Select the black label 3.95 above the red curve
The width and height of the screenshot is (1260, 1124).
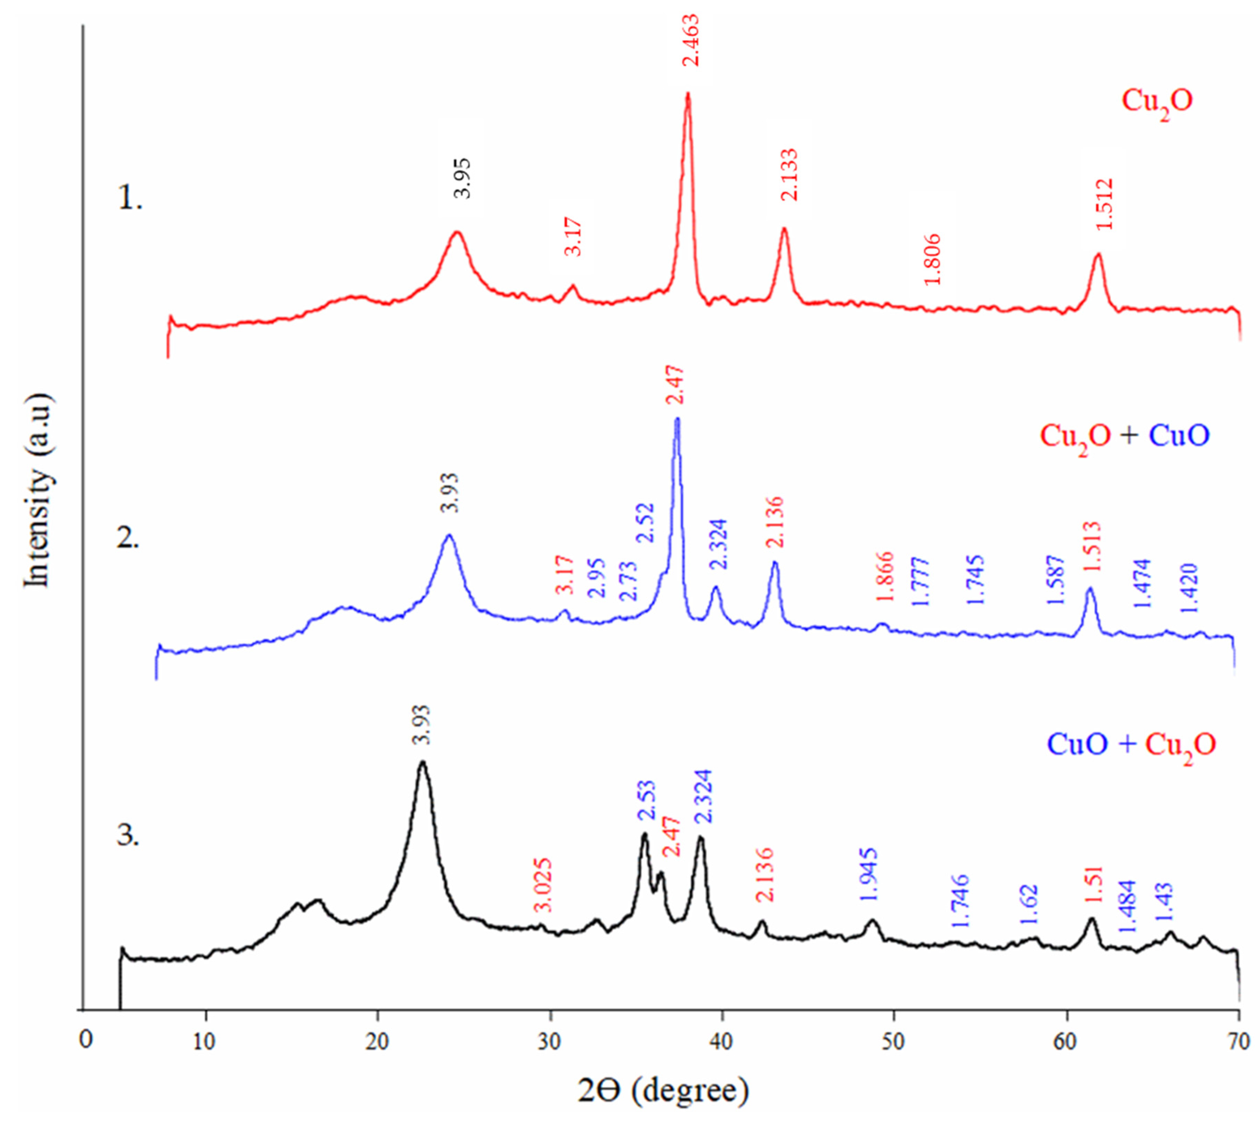point(462,178)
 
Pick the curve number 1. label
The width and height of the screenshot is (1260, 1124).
point(130,200)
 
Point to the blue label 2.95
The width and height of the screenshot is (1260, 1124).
point(596,578)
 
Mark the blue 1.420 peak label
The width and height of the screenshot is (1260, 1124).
point(1188,588)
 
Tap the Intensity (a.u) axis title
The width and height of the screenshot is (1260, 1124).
point(38,491)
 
